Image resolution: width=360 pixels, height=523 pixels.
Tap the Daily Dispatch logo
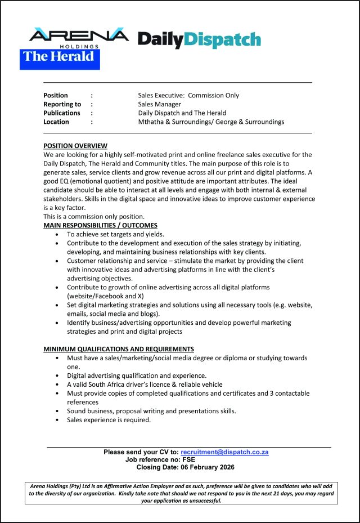[199, 39]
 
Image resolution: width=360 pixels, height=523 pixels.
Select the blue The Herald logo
[60, 58]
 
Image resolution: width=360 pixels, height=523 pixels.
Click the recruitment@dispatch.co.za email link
[224, 452]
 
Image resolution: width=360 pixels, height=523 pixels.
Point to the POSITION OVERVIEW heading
[75, 146]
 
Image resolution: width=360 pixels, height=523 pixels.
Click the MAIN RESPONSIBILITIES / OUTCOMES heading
[101, 226]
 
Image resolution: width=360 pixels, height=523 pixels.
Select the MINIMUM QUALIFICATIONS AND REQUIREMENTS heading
[119, 349]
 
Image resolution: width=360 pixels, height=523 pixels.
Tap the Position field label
[56, 95]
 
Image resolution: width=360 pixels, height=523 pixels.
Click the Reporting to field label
[62, 104]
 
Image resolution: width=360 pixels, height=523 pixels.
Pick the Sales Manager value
[160, 104]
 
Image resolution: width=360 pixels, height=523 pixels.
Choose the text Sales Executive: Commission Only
[188, 95]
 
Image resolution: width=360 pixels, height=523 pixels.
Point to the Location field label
[56, 122]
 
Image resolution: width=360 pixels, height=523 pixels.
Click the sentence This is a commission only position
[94, 217]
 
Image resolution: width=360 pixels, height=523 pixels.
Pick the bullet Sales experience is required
[109, 419]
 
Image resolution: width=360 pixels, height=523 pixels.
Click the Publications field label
[62, 113]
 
